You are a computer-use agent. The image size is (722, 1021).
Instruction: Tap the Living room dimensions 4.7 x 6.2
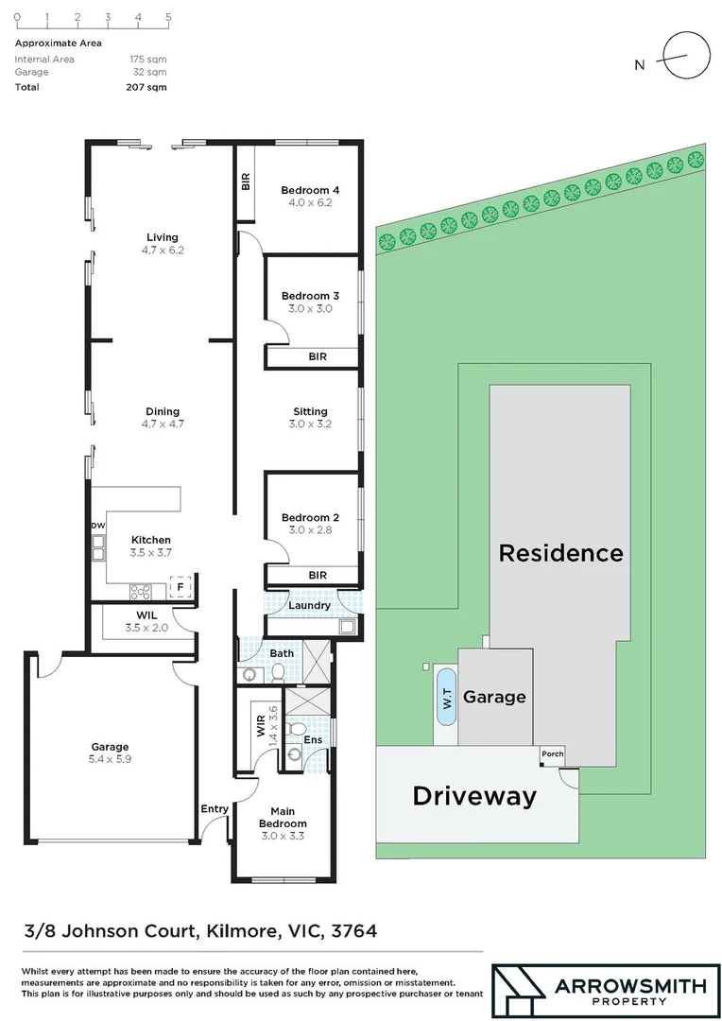(x=162, y=251)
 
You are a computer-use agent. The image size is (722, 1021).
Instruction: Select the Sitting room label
(x=310, y=411)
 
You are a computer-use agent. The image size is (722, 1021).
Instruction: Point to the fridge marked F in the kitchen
(x=180, y=588)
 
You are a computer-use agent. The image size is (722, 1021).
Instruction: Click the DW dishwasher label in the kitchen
(x=97, y=526)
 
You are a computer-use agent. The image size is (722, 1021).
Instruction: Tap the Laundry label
(x=309, y=605)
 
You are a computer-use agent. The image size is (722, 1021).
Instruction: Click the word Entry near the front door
(x=215, y=808)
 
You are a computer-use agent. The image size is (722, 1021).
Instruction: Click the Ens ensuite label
(x=311, y=740)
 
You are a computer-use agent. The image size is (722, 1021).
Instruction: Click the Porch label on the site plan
(x=551, y=753)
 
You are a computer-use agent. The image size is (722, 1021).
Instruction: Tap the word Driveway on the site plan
(x=473, y=796)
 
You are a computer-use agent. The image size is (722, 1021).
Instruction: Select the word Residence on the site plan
(x=560, y=552)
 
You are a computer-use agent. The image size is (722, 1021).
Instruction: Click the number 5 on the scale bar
(x=168, y=17)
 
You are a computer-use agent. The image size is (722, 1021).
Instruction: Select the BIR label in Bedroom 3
(x=318, y=357)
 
